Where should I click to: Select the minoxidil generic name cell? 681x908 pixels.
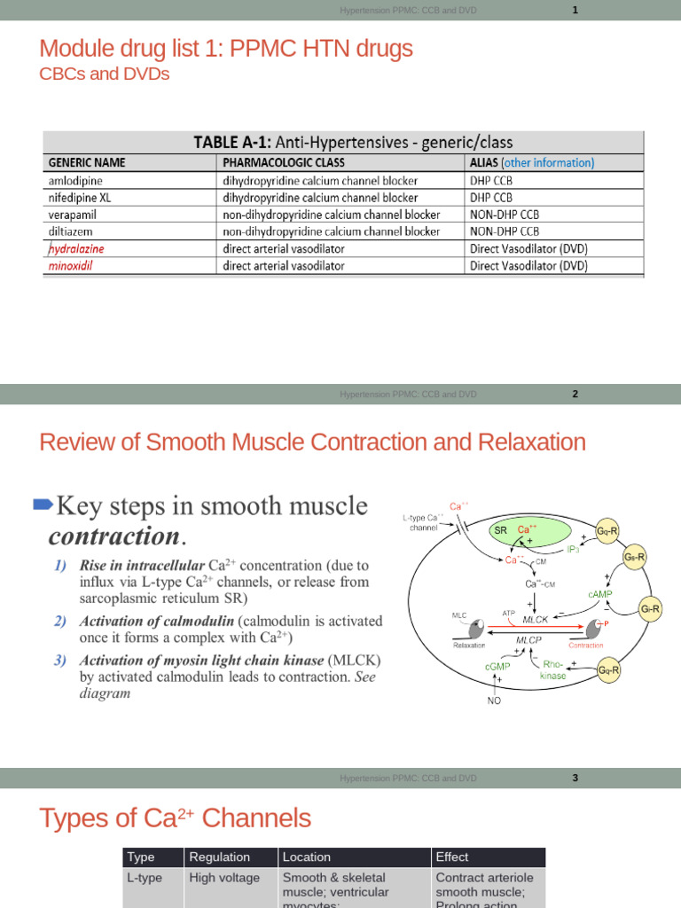pyautogui.click(x=74, y=265)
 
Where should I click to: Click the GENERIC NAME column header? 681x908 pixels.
pyautogui.click(x=87, y=163)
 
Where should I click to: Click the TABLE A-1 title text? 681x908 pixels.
pyautogui.click(x=353, y=142)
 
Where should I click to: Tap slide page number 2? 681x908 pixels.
pyautogui.click(x=575, y=395)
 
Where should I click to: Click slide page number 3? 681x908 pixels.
pyautogui.click(x=575, y=779)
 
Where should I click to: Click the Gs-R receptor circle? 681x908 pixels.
pyautogui.click(x=634, y=558)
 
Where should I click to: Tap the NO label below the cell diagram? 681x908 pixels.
pyautogui.click(x=494, y=701)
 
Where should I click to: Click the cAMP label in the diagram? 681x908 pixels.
pyautogui.click(x=600, y=592)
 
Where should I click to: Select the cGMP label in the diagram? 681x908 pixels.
pyautogui.click(x=497, y=665)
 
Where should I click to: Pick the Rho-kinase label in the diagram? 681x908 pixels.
pyautogui.click(x=553, y=669)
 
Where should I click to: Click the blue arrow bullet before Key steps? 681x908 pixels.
pyautogui.click(x=43, y=505)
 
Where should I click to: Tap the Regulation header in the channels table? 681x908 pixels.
pyautogui.click(x=220, y=857)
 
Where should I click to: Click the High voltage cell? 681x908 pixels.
pyautogui.click(x=224, y=878)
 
